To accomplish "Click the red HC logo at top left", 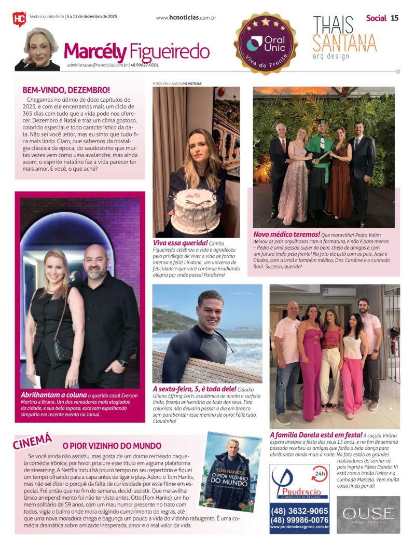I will (19, 19).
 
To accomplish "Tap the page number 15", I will (394, 18).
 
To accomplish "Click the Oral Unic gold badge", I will (266, 44).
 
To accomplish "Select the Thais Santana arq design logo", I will (344, 38).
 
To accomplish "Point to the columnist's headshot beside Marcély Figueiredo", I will (37, 49).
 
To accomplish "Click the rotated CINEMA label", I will (33, 441).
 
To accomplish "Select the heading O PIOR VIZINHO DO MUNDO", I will (112, 446).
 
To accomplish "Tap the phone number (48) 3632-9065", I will (299, 511).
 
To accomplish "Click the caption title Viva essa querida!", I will (180, 242).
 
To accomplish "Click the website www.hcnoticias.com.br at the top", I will (186, 18).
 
